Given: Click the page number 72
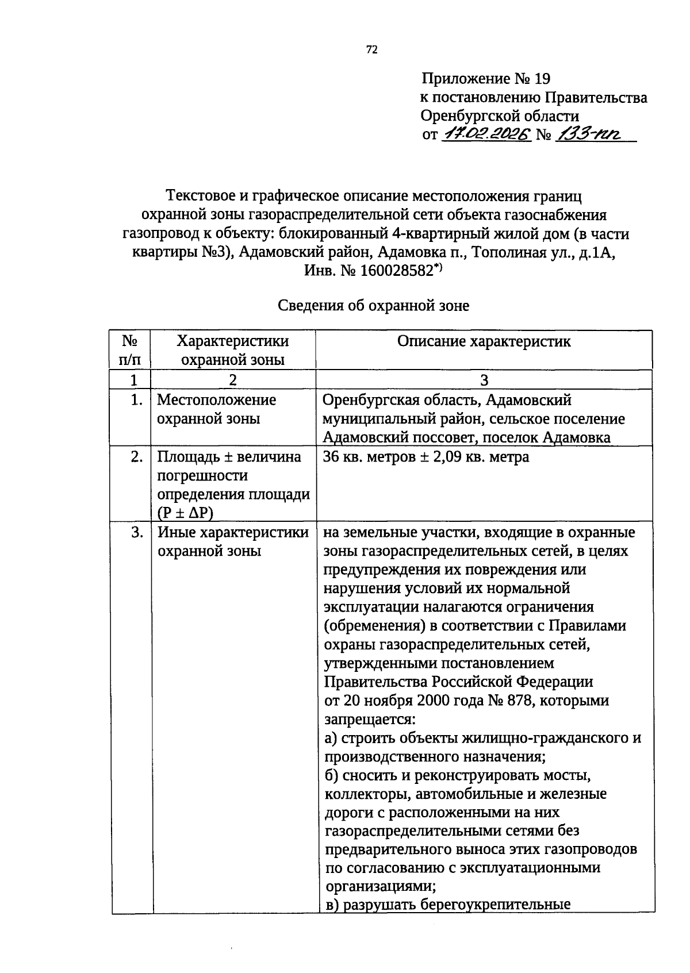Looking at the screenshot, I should [x=372, y=50].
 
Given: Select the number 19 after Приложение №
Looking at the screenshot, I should [x=542, y=78].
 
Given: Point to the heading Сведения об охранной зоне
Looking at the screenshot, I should [x=373, y=306].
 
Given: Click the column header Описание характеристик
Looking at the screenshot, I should [x=484, y=341].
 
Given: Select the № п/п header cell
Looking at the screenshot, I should [x=131, y=350].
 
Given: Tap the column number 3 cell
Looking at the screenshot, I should [x=484, y=379].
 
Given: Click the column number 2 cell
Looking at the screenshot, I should [x=232, y=379].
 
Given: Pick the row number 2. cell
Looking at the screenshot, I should [x=136, y=457].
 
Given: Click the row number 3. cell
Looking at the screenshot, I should [x=136, y=532].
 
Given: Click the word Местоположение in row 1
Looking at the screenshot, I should [x=216, y=399].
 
